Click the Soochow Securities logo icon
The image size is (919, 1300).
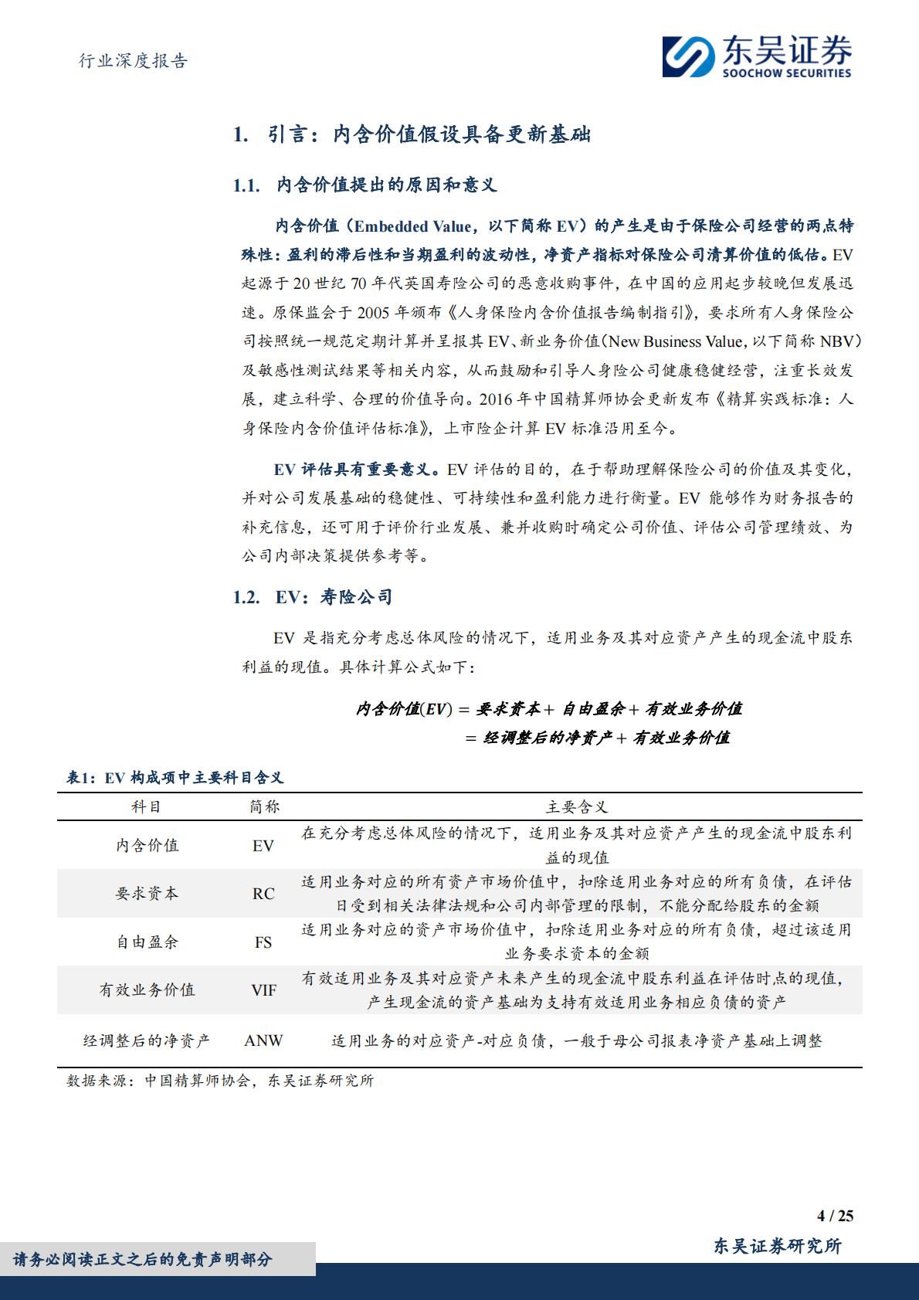pyautogui.click(x=688, y=56)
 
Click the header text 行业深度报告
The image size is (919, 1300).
pyautogui.click(x=134, y=61)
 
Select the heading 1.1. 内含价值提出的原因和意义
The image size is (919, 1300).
pyautogui.click(x=365, y=185)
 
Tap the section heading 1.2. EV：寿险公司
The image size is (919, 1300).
pyautogui.click(x=312, y=597)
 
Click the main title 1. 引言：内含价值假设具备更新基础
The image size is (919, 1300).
pyautogui.click(x=412, y=135)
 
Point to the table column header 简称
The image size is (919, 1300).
pyautogui.click(x=264, y=807)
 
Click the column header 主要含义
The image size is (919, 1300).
pyautogui.click(x=577, y=807)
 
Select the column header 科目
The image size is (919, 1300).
pyautogui.click(x=147, y=807)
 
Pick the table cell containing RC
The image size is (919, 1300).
pyautogui.click(x=263, y=894)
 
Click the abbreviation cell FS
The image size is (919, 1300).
pyautogui.click(x=263, y=942)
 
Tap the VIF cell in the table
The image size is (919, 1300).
pyautogui.click(x=263, y=990)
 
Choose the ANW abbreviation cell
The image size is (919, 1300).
pyautogui.click(x=263, y=1041)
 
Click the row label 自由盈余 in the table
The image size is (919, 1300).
pyautogui.click(x=147, y=942)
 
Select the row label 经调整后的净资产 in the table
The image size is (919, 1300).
pyautogui.click(x=147, y=1041)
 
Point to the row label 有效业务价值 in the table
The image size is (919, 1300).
pyautogui.click(x=147, y=990)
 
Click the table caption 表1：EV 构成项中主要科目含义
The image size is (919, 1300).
pyautogui.click(x=175, y=779)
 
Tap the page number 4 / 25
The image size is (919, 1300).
pyautogui.click(x=835, y=1215)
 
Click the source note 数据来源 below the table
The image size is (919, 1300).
pyautogui.click(x=220, y=1081)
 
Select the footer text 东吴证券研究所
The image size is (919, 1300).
pyautogui.click(x=777, y=1245)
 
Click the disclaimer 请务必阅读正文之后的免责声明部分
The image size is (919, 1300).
pyautogui.click(x=143, y=1260)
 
